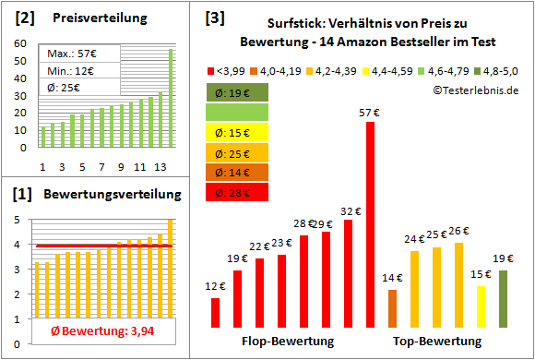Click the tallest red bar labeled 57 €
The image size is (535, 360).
[x=370, y=225]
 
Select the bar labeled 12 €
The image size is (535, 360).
[x=215, y=313]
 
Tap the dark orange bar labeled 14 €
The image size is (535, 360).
[x=392, y=309]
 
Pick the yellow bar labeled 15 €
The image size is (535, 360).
[x=481, y=307]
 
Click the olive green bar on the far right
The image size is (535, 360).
[x=503, y=299]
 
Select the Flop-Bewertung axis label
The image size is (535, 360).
[x=288, y=342]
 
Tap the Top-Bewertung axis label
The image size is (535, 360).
[x=437, y=342]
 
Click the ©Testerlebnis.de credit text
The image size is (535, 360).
[x=474, y=90]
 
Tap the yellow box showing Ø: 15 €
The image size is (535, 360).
[x=237, y=131]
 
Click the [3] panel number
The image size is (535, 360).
[x=214, y=17]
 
